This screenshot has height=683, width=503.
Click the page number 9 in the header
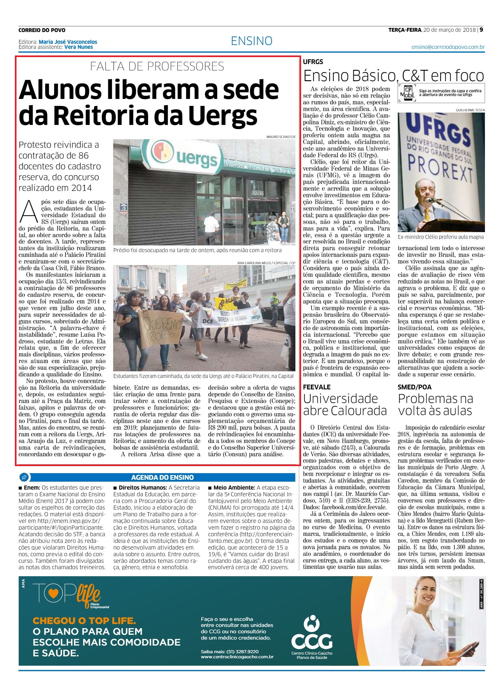click(x=481, y=30)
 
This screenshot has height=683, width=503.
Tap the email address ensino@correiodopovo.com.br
click(x=448, y=47)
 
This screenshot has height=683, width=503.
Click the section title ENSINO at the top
click(x=252, y=41)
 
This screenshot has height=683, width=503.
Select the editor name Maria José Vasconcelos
click(x=68, y=42)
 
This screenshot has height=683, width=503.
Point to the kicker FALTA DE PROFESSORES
click(x=157, y=66)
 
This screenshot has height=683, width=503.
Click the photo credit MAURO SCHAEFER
click(x=281, y=137)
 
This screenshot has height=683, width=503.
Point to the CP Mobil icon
click(x=407, y=93)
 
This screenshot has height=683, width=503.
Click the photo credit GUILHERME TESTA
click(x=470, y=110)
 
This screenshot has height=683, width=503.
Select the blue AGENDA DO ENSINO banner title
click(x=162, y=477)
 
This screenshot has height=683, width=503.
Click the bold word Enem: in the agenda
click(x=31, y=488)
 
